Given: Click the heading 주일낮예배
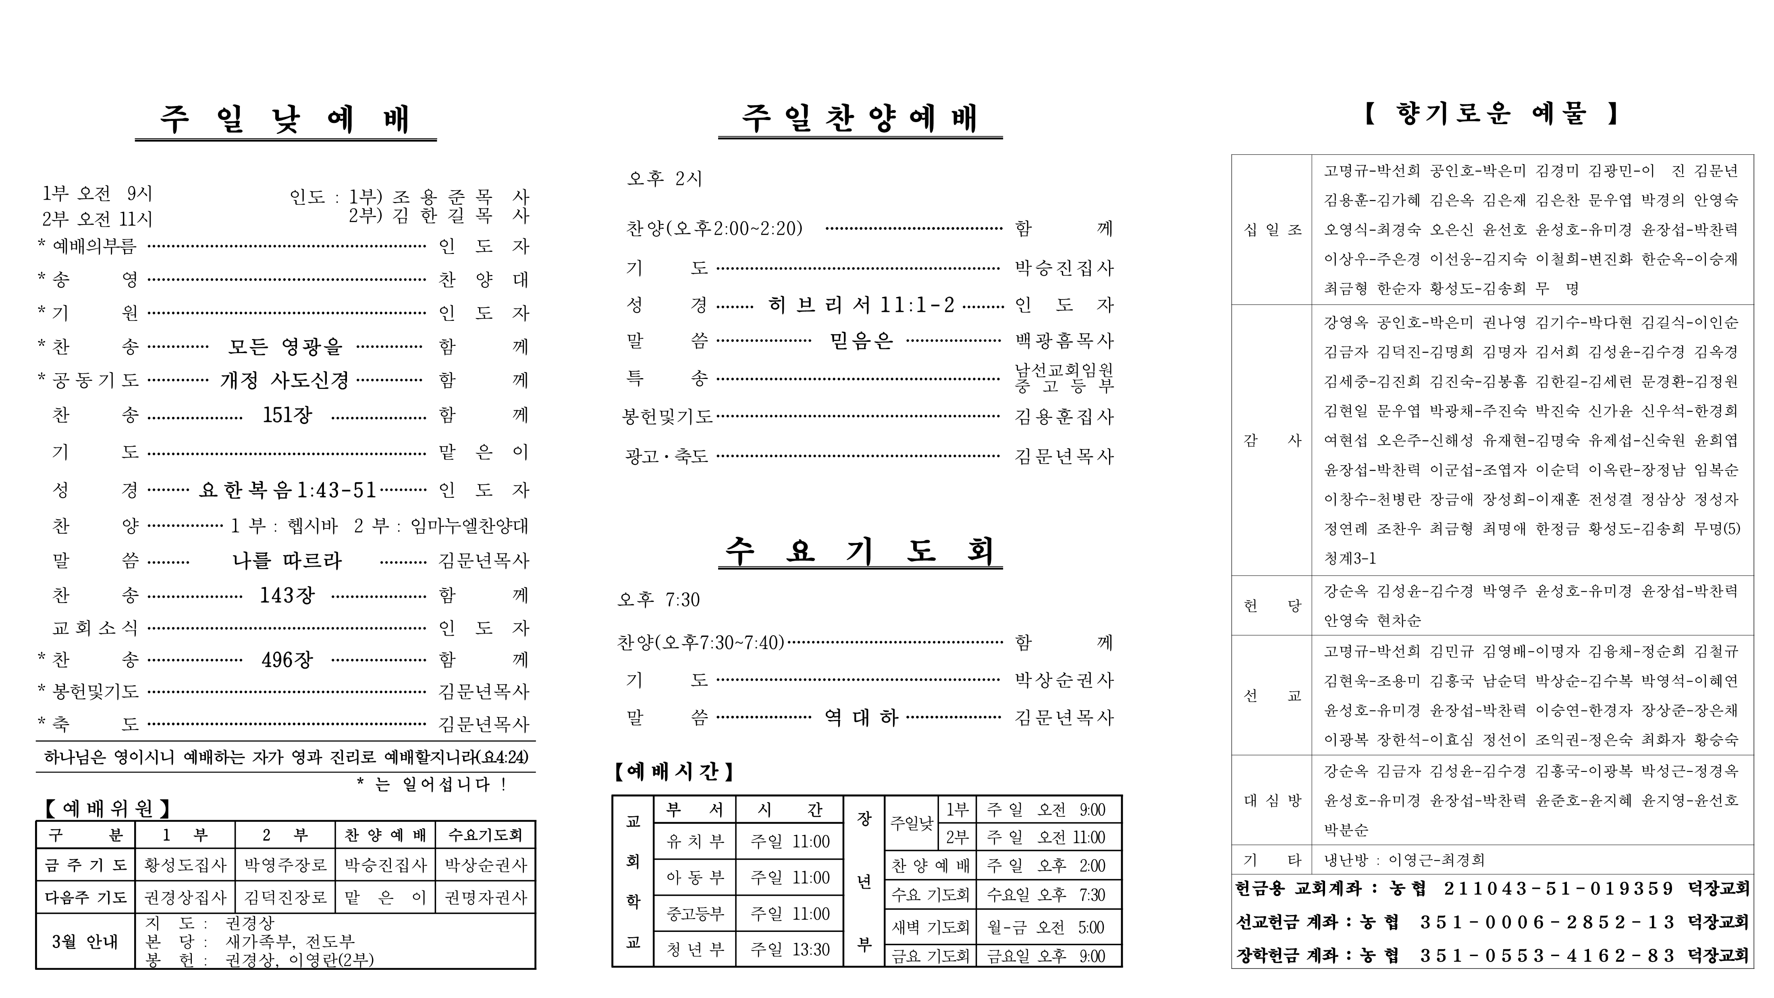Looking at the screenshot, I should point(285,119).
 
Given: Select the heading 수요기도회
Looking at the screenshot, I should point(860,551).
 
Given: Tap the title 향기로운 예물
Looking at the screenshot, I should point(1491,114).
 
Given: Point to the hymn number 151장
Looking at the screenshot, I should point(287,415).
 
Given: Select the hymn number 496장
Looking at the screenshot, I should point(287,660).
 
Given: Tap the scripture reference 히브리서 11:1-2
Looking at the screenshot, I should point(861,304).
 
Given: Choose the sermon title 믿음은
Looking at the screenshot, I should point(861,340).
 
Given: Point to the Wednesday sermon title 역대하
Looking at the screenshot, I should point(861,718).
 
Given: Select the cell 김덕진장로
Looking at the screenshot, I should point(285,898).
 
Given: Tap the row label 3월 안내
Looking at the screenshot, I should point(85,942).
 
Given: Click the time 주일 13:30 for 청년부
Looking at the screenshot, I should point(790,950).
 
